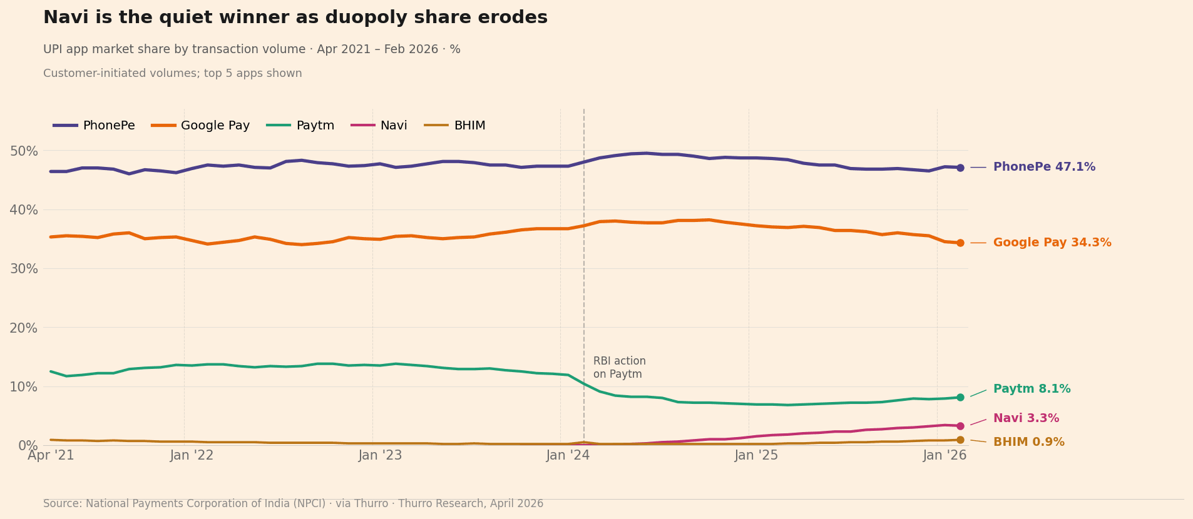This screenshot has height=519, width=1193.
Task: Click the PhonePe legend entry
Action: tap(94, 126)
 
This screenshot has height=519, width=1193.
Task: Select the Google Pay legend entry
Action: tap(201, 126)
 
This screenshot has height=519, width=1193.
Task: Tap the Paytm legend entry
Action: tap(301, 126)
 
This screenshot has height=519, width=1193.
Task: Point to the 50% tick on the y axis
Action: tap(24, 151)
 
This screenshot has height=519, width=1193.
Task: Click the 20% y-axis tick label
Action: tap(24, 328)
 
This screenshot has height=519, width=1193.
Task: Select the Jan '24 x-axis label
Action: tap(568, 456)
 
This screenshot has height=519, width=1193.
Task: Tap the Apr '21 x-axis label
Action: tap(51, 456)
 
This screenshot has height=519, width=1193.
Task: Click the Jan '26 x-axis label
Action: tap(945, 456)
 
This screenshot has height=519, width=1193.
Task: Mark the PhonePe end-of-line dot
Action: tap(960, 168)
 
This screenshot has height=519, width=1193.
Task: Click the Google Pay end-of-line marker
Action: tap(960, 243)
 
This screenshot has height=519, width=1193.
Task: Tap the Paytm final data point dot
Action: tap(960, 397)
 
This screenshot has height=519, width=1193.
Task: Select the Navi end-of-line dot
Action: tap(960, 426)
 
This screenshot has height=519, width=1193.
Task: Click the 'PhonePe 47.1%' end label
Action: tap(1044, 168)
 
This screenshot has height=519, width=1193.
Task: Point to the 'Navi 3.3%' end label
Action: tap(1026, 419)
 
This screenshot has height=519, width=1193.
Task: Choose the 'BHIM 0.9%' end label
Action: tap(1028, 443)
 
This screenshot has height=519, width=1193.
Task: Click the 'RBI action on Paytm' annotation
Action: tap(619, 368)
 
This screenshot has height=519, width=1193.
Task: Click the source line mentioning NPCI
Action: tap(293, 504)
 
